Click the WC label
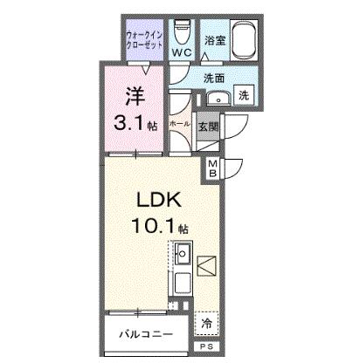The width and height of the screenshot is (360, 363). click(x=182, y=52)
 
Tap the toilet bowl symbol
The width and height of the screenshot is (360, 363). click(x=182, y=31)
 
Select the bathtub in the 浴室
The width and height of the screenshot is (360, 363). click(x=245, y=40)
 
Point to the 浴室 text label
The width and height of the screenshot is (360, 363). click(x=215, y=40)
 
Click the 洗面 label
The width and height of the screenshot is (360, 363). click(x=214, y=78)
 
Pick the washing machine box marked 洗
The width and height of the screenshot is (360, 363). click(x=244, y=95)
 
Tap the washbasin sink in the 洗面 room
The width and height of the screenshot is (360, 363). click(x=218, y=99)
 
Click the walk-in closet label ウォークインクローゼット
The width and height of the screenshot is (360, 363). click(x=144, y=40)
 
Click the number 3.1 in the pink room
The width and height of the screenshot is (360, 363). click(x=128, y=124)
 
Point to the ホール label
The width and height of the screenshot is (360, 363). click(x=180, y=124)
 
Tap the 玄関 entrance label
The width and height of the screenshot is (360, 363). click(x=208, y=127)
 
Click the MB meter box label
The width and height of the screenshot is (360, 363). click(x=212, y=169)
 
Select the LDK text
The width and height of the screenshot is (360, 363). click(x=160, y=200)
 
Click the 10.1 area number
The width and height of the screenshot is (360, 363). click(x=154, y=226)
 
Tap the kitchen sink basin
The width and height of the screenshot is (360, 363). click(x=183, y=253)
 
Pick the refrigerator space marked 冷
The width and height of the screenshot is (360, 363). click(x=206, y=324)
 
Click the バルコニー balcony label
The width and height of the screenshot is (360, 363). click(x=146, y=334)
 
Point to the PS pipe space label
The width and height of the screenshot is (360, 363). click(x=207, y=346)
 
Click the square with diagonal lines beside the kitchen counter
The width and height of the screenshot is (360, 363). click(x=206, y=266)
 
